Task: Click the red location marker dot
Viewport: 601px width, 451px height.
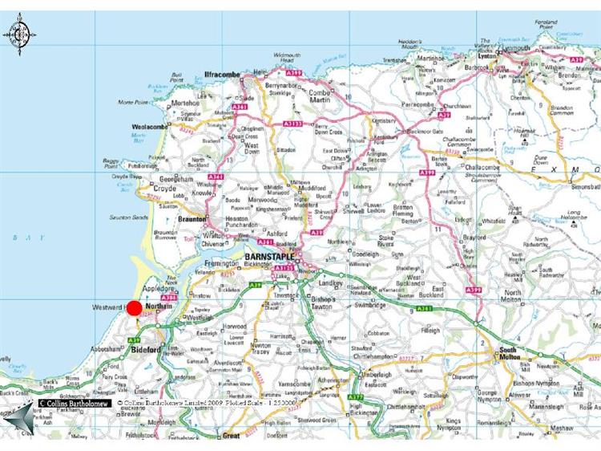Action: [135, 308]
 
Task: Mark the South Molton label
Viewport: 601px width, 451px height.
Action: [511, 353]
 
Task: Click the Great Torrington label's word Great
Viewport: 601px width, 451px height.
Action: [231, 435]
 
